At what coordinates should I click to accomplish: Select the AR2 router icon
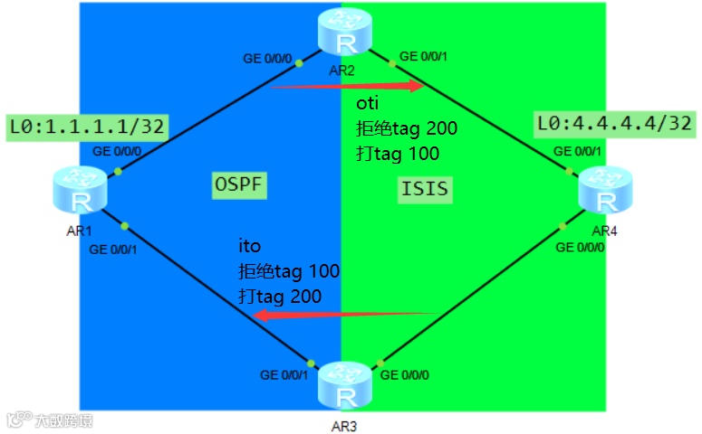344,34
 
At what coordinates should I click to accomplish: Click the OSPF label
240,184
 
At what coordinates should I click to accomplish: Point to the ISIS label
424,189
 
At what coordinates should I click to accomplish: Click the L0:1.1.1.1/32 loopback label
86,126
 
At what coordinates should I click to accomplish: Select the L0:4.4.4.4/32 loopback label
615,122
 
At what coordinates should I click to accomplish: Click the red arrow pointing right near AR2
348,86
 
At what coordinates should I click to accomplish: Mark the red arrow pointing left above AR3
344,314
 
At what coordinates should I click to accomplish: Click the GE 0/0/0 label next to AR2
266,59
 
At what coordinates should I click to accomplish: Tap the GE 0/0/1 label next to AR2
423,56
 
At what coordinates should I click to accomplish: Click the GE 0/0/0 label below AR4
580,247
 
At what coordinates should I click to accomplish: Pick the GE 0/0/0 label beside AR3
404,373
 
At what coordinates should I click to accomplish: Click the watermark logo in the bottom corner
50,420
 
